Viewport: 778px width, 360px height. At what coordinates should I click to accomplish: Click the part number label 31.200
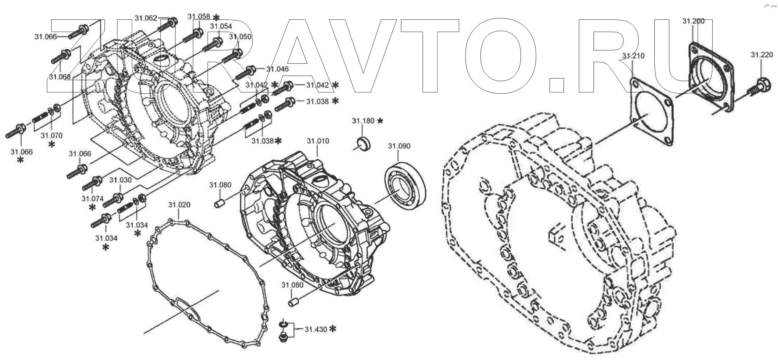click(693, 21)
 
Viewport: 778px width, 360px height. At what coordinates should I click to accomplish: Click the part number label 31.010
click(318, 141)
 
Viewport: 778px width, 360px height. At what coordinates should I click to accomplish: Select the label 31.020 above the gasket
click(179, 205)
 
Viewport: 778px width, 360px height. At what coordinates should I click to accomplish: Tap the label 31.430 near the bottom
click(316, 329)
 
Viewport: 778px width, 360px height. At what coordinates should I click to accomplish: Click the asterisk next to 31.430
click(333, 329)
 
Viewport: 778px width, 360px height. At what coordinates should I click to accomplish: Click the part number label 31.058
click(199, 17)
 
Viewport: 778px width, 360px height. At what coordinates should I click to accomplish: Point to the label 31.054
click(221, 26)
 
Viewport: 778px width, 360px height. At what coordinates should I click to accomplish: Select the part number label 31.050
click(240, 37)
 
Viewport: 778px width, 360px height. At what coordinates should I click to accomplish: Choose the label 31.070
click(51, 136)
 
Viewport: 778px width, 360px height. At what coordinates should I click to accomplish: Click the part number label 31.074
click(92, 199)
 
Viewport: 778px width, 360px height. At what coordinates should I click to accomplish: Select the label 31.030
click(121, 180)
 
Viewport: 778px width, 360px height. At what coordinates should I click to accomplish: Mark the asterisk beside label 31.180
click(380, 121)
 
